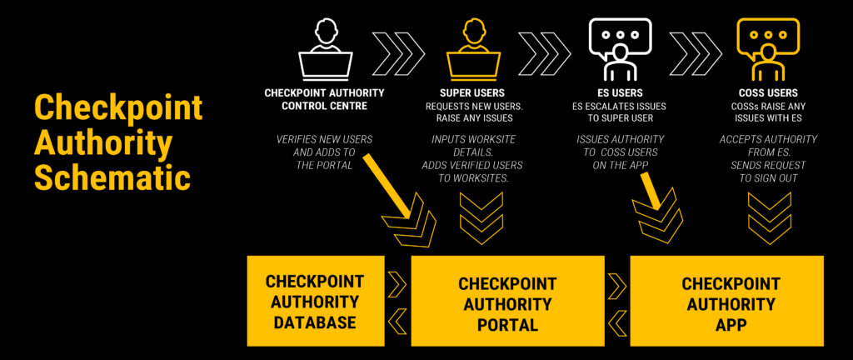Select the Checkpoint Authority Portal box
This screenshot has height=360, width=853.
click(x=506, y=301)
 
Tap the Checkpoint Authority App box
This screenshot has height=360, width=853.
click(x=726, y=301)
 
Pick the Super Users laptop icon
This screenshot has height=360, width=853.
click(x=471, y=51)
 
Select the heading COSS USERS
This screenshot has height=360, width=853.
click(x=767, y=93)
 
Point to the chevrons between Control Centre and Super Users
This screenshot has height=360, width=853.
click(x=397, y=51)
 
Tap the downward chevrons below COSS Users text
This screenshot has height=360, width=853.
click(x=768, y=211)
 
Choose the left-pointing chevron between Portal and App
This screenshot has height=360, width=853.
click(x=616, y=317)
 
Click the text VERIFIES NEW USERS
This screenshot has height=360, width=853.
click(x=325, y=139)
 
